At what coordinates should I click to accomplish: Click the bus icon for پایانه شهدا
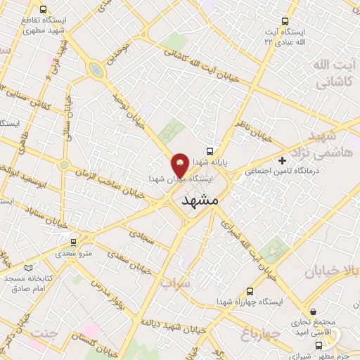coord(209,151)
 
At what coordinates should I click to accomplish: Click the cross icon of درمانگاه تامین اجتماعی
coord(282,160)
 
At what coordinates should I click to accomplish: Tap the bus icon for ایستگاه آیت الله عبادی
coord(285,22)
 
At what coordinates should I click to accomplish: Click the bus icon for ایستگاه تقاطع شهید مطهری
coord(44,10)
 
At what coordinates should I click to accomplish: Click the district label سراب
coord(176,283)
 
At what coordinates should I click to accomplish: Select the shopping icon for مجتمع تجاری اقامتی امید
coord(313,311)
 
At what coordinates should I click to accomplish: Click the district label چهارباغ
coord(260,330)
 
